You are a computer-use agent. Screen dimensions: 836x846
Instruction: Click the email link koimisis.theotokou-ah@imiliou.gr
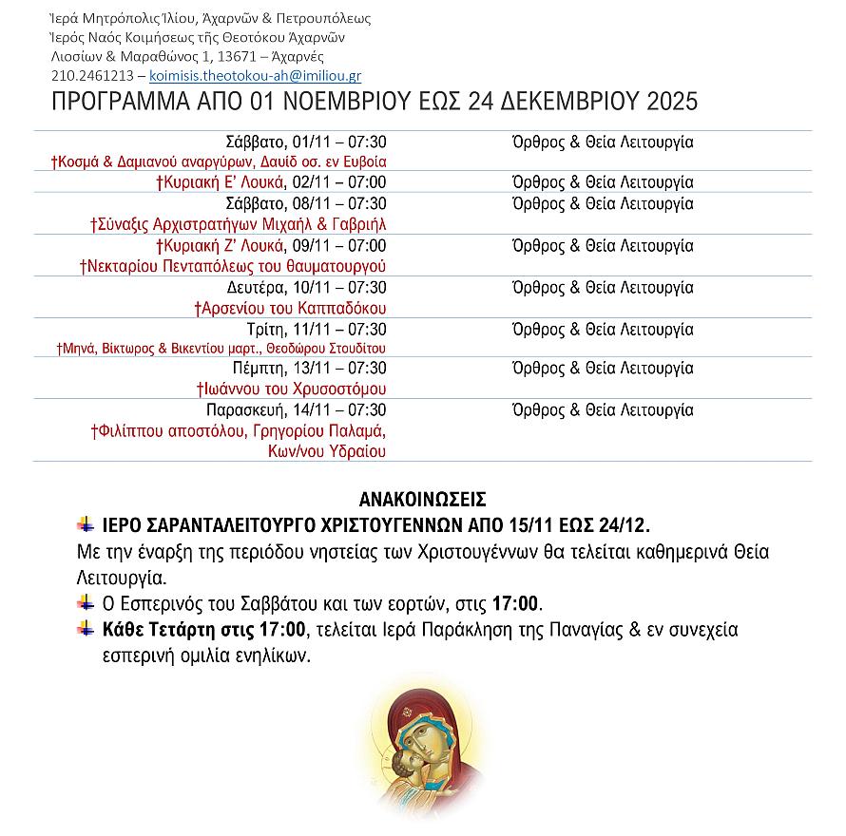click(x=255, y=76)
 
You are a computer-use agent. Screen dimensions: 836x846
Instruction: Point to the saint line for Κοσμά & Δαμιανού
click(x=219, y=162)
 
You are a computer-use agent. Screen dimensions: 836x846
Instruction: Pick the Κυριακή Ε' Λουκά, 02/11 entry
click(x=283, y=183)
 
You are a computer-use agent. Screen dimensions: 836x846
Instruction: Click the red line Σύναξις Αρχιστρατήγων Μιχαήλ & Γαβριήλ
click(x=239, y=225)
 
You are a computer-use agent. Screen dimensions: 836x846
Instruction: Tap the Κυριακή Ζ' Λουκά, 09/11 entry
click(x=281, y=246)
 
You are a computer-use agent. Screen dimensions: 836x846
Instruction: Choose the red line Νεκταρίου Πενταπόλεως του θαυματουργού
click(x=234, y=266)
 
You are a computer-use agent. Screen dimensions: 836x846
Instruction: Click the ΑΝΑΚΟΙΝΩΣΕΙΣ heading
click(x=422, y=500)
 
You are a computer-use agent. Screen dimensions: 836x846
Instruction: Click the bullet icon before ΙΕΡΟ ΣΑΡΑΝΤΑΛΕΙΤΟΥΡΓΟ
click(x=87, y=524)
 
